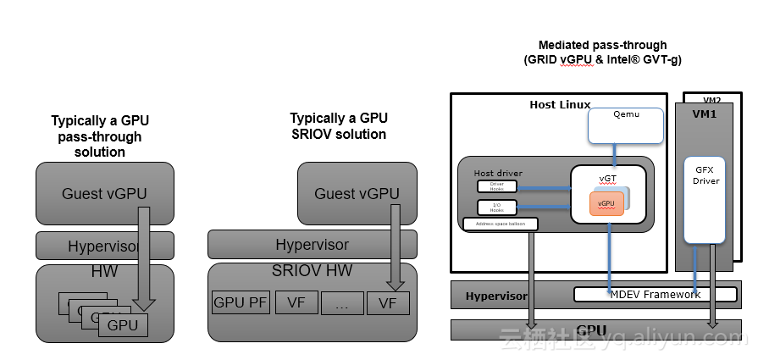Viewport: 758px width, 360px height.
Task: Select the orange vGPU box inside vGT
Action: pyautogui.click(x=606, y=204)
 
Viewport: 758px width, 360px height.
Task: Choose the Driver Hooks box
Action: pyautogui.click(x=496, y=186)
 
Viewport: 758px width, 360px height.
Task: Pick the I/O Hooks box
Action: pyautogui.click(x=496, y=207)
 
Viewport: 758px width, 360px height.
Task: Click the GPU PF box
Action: pyautogui.click(x=240, y=302)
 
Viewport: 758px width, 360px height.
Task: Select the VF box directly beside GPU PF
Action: pyautogui.click(x=296, y=302)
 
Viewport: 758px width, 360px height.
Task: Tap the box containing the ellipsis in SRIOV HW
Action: pyautogui.click(x=342, y=303)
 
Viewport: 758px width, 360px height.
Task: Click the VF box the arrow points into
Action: pyautogui.click(x=388, y=302)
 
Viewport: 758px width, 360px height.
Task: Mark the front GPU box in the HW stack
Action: pyautogui.click(x=122, y=324)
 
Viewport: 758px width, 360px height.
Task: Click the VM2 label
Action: pyautogui.click(x=712, y=99)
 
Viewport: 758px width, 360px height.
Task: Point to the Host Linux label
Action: pyautogui.click(x=560, y=105)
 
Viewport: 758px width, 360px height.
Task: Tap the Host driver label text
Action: pyautogui.click(x=498, y=174)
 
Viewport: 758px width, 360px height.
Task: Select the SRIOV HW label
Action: pyautogui.click(x=312, y=273)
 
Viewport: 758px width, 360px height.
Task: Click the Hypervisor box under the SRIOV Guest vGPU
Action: pyautogui.click(x=312, y=245)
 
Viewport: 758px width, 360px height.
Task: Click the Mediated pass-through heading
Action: pyautogui.click(x=602, y=45)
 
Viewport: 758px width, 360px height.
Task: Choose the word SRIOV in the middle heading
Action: pyautogui.click(x=314, y=134)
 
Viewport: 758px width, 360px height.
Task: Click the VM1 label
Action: pyautogui.click(x=705, y=113)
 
